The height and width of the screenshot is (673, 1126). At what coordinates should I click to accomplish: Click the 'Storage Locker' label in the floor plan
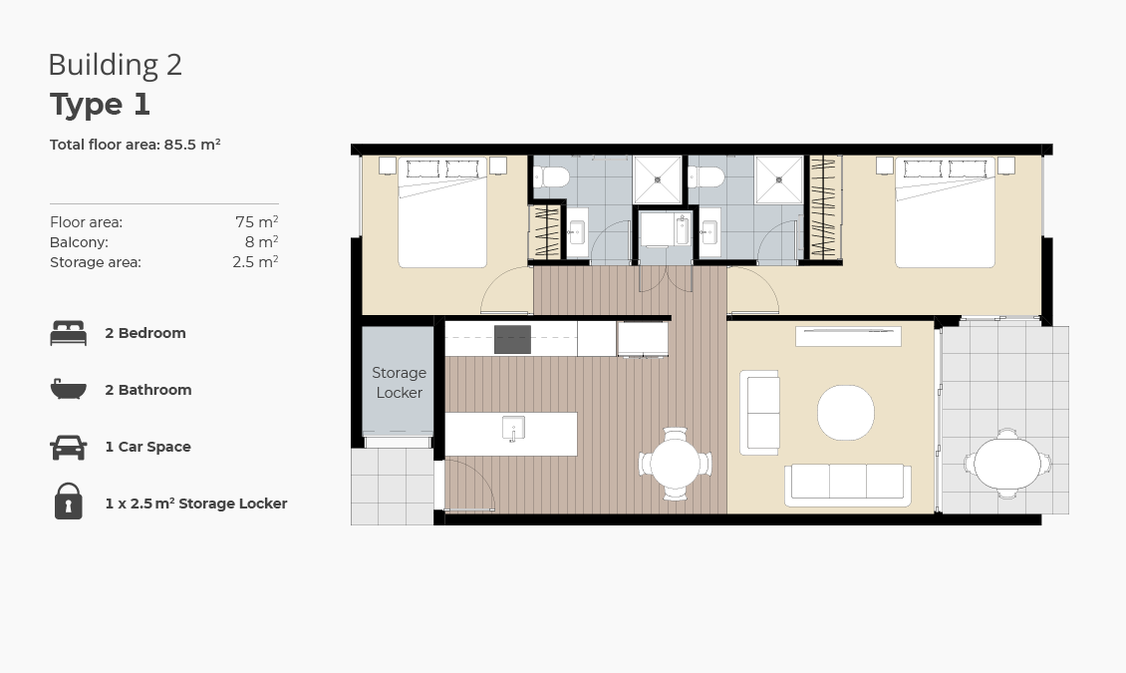400,383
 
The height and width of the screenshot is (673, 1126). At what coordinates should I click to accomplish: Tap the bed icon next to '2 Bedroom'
68,333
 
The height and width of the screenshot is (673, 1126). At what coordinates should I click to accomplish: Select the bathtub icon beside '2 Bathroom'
68,389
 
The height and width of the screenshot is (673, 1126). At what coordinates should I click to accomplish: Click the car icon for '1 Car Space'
68,447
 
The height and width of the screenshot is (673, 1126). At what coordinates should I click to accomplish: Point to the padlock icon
68,502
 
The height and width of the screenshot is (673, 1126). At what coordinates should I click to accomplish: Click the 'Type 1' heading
100,105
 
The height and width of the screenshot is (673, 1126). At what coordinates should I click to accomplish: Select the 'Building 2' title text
115,65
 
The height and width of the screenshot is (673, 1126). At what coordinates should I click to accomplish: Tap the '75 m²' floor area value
256,222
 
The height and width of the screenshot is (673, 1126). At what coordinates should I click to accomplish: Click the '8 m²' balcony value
261,242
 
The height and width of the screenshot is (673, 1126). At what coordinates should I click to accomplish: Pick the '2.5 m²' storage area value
255,262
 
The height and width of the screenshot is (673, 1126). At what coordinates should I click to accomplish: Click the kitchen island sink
513,429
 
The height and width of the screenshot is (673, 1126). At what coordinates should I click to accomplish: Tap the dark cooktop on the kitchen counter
512,340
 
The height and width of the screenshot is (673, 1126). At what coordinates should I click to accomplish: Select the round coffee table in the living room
846,413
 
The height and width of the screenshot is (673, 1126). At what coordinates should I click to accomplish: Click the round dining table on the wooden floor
675,464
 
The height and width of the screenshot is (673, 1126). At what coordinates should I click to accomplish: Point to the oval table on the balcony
1007,464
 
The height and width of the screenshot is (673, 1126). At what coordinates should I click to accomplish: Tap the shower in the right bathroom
779,180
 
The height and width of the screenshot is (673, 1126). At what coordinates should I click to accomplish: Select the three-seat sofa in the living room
848,485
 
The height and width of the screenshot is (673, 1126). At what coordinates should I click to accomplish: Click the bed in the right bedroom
945,212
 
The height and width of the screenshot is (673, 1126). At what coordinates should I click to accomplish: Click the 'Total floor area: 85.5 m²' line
135,145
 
